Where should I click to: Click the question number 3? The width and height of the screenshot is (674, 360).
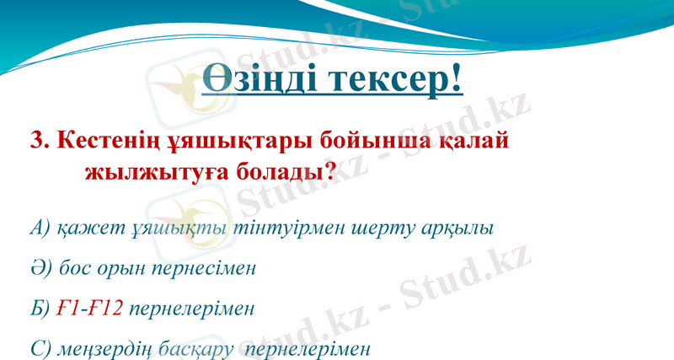point(39,140)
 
